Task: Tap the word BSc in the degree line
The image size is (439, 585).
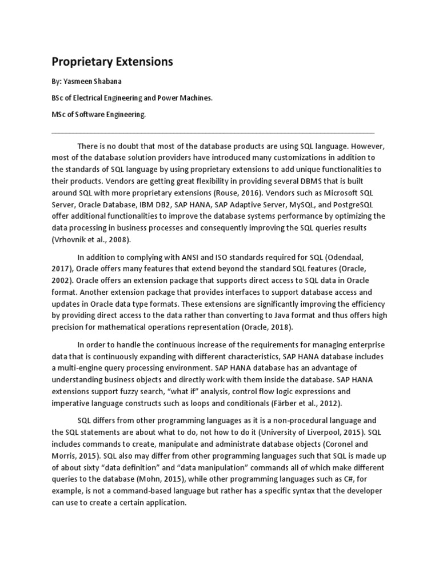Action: [x=58, y=98]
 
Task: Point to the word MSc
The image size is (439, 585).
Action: [x=59, y=114]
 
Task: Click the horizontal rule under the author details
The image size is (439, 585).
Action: [x=213, y=133]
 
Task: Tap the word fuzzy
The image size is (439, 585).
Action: [x=150, y=392]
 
